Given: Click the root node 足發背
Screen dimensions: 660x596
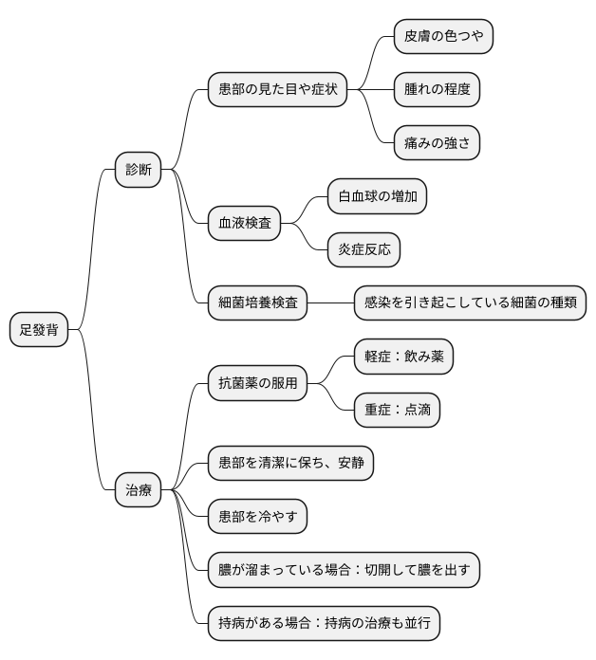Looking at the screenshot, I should (x=39, y=330).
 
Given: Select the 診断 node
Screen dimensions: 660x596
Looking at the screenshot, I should (x=139, y=170).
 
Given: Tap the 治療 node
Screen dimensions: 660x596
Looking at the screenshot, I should (x=139, y=490).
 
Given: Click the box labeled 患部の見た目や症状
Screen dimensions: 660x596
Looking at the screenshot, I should (x=276, y=90).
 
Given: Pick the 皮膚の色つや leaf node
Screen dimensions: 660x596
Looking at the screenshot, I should (x=443, y=37).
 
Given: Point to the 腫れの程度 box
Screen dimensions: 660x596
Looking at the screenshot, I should (x=437, y=90).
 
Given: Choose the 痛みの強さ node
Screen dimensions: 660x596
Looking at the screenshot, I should (x=437, y=143).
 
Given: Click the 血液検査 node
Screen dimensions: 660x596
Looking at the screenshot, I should (x=244, y=224).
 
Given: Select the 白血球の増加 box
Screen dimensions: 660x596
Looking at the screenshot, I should (x=377, y=197).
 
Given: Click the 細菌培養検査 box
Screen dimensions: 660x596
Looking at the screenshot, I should (x=257, y=303).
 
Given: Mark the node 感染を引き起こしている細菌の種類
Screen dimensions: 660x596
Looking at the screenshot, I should (x=470, y=303).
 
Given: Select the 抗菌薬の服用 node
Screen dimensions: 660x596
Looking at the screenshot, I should (x=257, y=384).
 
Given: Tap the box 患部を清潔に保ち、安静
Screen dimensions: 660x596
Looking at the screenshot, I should (x=290, y=464).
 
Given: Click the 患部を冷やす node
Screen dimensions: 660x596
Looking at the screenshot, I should (x=257, y=517).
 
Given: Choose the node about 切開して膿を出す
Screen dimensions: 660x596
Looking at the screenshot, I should (x=344, y=570).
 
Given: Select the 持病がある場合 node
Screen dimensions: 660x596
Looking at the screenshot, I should (x=324, y=623).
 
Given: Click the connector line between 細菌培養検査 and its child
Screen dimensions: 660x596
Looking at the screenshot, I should (x=330, y=303).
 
